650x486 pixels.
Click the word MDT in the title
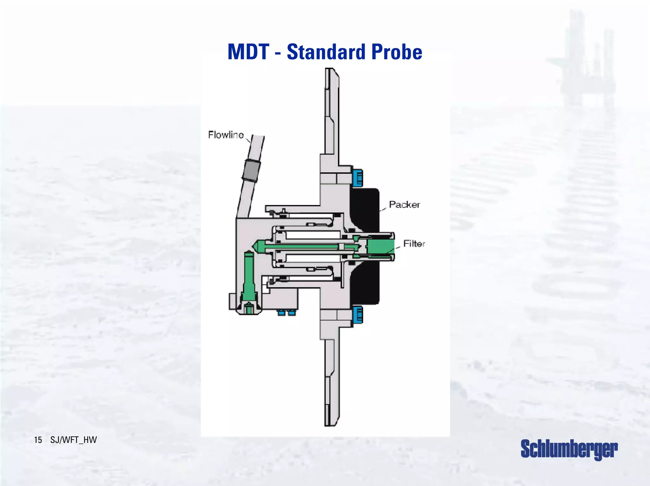point(249,52)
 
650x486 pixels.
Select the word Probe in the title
point(397,52)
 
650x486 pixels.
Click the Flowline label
point(226,135)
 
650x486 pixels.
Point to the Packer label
point(404,205)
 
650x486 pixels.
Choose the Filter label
point(414,243)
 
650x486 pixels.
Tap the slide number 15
point(38,440)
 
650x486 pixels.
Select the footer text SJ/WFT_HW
point(74,440)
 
